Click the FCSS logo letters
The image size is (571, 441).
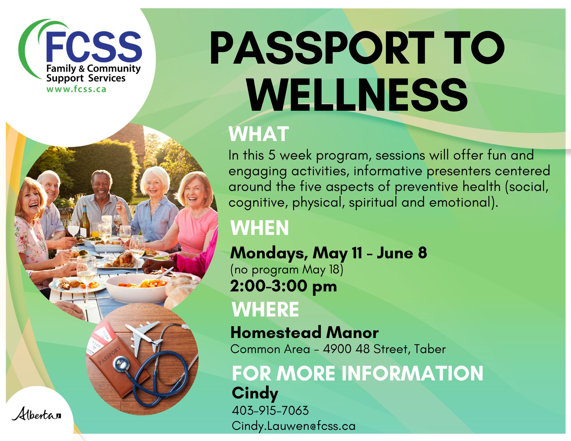click(94, 47)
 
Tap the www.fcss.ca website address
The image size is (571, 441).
click(76, 89)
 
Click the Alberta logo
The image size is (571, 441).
click(36, 414)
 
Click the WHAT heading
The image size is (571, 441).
click(259, 134)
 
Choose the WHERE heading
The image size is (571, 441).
click(265, 309)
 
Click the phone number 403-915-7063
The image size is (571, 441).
click(270, 410)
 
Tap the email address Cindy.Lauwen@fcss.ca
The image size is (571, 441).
click(294, 426)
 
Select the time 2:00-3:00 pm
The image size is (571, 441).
click(283, 286)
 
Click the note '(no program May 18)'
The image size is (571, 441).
click(287, 270)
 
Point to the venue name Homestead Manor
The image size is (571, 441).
click(304, 333)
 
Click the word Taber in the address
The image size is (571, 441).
click(430, 349)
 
